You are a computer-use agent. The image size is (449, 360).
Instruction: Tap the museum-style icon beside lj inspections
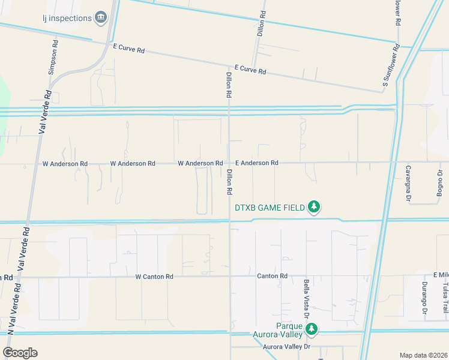pos(101,17)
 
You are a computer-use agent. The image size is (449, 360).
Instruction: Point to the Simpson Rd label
pos(54,58)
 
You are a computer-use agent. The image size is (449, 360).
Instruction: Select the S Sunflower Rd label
pos(391,67)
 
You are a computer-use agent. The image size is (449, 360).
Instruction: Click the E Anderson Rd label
pos(256,163)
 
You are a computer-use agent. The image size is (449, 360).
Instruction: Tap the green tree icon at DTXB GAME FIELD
pos(313,208)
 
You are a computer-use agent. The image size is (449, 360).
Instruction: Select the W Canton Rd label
pos(154,277)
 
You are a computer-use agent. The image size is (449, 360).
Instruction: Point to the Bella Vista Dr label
pos(306,298)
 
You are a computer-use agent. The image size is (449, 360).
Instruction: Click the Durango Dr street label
pos(424,298)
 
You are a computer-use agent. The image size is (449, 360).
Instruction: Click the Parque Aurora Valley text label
pos(293,331)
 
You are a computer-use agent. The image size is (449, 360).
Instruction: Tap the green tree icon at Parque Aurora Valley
pos(312,329)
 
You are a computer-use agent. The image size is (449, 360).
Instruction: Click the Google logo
pos(20,353)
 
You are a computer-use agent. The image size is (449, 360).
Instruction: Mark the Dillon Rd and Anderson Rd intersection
pos(229,162)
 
